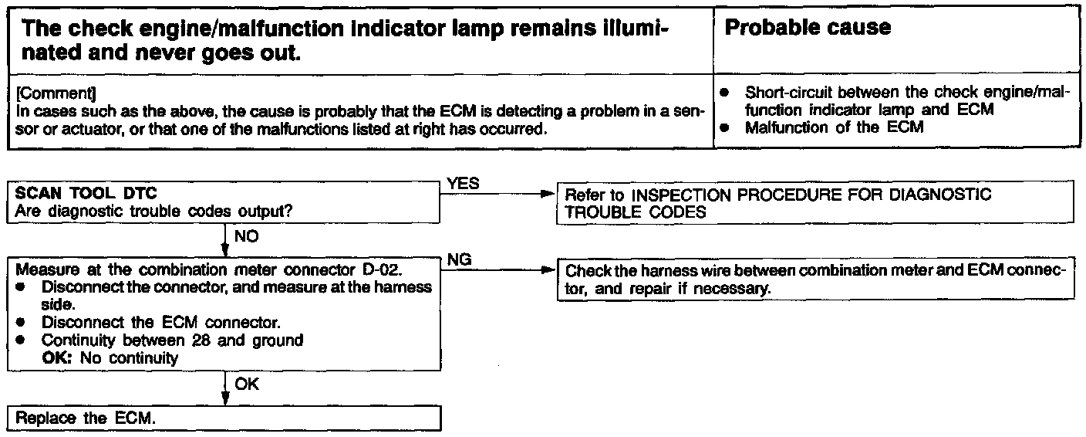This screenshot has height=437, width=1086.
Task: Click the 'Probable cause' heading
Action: pyautogui.click(x=808, y=28)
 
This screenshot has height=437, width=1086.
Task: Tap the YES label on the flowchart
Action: pyautogui.click(x=463, y=184)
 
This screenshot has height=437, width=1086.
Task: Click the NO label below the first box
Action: pyautogui.click(x=246, y=237)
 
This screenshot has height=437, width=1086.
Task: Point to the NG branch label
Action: pyautogui.click(x=459, y=261)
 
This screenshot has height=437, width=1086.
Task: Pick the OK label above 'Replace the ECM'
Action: pyautogui.click(x=248, y=384)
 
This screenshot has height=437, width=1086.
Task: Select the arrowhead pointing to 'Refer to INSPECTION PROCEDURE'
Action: pyautogui.click(x=548, y=194)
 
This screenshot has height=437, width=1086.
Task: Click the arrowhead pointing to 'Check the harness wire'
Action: pyautogui.click(x=548, y=271)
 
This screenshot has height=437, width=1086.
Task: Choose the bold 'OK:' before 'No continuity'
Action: pyautogui.click(x=56, y=357)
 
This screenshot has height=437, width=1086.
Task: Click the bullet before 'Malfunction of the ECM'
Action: pyautogui.click(x=724, y=128)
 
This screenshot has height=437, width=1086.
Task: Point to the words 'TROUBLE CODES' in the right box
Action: pyautogui.click(x=636, y=212)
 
